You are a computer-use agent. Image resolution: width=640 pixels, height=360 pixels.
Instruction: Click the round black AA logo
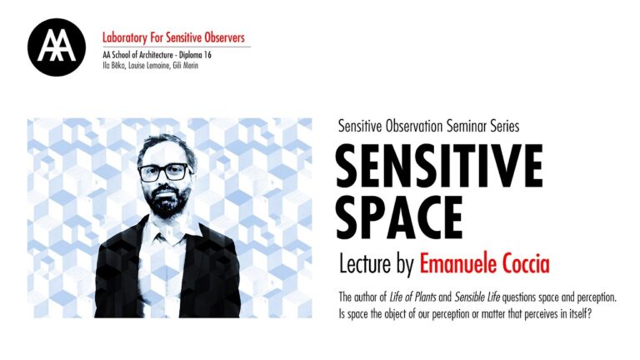(x=57, y=47)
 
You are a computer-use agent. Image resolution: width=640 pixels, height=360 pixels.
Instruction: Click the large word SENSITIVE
(x=439, y=167)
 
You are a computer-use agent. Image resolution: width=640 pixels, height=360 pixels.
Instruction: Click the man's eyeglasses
(x=163, y=172)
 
